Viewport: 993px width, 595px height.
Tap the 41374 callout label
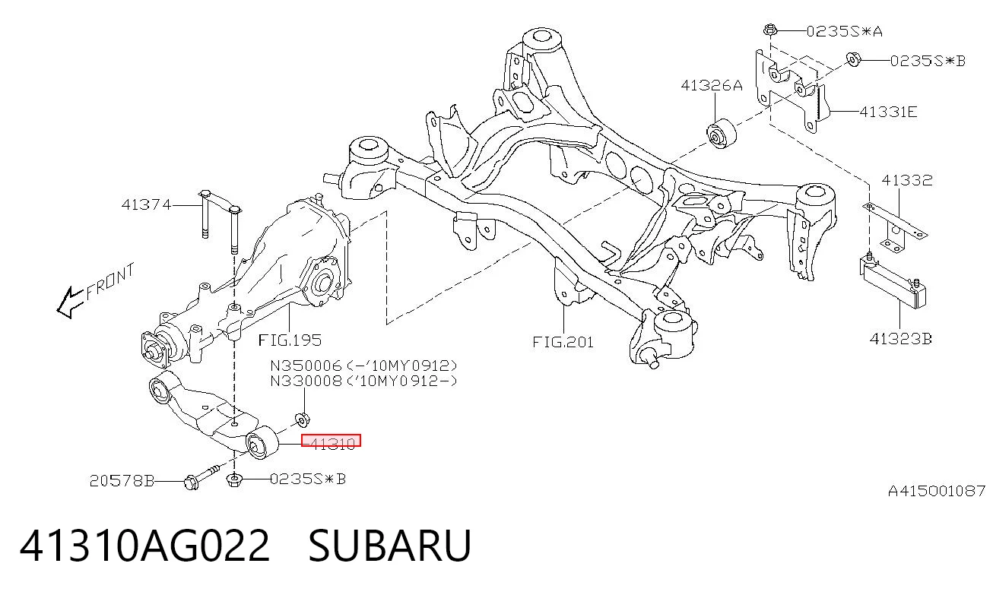pos(146,204)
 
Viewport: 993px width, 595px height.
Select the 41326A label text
pos(712,85)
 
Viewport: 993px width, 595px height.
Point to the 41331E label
pos(888,112)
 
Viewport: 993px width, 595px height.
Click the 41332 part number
pos(907,180)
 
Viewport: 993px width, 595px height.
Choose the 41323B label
pos(900,339)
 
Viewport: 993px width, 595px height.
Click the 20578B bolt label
pos(122,481)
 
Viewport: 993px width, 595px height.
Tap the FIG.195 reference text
pos(290,340)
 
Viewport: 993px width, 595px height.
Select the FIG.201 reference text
pos(563,342)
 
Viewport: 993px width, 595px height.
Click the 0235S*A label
pos(844,31)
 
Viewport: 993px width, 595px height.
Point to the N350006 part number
pos(306,366)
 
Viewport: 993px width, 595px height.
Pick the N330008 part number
pos(306,381)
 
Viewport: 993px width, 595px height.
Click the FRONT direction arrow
pos(70,302)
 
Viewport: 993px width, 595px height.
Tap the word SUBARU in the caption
pos(389,546)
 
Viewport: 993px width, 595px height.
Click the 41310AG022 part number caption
pos(144,546)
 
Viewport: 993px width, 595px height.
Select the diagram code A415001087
pos(937,491)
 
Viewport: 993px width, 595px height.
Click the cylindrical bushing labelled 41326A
pos(721,133)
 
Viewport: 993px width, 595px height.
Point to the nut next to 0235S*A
pos(770,30)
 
